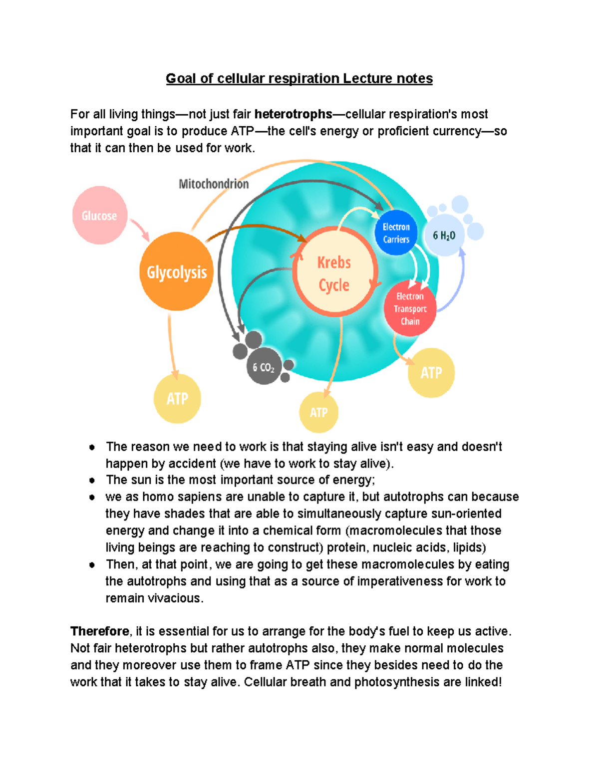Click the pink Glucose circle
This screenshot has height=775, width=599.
pyautogui.click(x=99, y=216)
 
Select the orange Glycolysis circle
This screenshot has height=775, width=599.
pyautogui.click(x=176, y=272)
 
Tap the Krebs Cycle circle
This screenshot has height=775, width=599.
pyautogui.click(x=334, y=273)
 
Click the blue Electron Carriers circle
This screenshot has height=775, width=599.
pyautogui.click(x=396, y=233)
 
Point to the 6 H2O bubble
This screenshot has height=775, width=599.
pyautogui.click(x=444, y=236)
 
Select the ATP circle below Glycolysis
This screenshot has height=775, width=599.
pyautogui.click(x=177, y=399)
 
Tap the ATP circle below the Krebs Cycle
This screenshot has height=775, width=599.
pyautogui.click(x=318, y=413)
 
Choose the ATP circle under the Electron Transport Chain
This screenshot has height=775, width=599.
pyautogui.click(x=431, y=373)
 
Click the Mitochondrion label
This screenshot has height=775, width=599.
pyautogui.click(x=214, y=184)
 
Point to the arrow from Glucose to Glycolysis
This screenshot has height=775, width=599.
pyautogui.click(x=140, y=230)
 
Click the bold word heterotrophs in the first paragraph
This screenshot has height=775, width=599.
pyautogui.click(x=293, y=114)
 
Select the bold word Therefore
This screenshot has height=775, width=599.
pyautogui.click(x=100, y=631)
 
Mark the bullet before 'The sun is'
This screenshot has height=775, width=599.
pyautogui.click(x=92, y=481)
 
